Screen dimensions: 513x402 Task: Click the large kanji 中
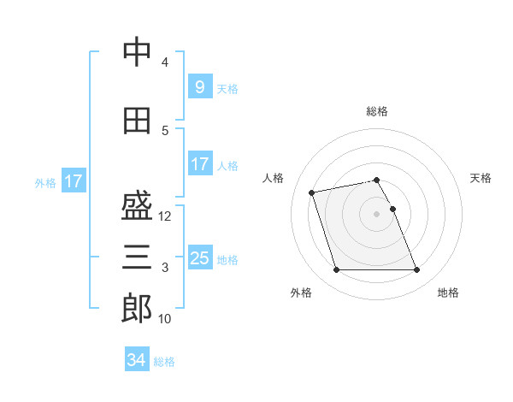(x=137, y=51)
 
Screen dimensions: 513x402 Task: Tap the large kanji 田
(x=137, y=121)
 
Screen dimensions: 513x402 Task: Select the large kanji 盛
(x=137, y=205)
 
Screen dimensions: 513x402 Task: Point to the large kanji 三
(x=137, y=257)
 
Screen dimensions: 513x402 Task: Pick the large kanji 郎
(x=137, y=308)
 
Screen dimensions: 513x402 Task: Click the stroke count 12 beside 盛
(x=164, y=216)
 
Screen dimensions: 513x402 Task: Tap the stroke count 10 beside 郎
(x=164, y=319)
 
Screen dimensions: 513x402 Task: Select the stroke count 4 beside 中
(x=165, y=62)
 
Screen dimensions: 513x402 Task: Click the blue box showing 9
(x=200, y=86)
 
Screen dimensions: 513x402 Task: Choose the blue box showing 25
(x=200, y=257)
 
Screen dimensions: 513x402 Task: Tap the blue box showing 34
(x=137, y=358)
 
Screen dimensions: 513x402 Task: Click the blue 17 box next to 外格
(x=74, y=180)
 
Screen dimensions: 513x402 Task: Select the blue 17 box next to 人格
(x=200, y=163)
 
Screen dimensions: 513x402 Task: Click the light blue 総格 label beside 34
(x=164, y=362)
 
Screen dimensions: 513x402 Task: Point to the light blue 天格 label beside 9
(x=227, y=89)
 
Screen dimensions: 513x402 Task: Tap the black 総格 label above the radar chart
(x=377, y=111)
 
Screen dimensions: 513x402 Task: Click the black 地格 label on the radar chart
(x=448, y=293)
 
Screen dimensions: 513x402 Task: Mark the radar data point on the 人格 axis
(x=311, y=192)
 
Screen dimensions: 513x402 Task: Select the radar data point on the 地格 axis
(x=417, y=269)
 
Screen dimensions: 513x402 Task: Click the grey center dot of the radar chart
(x=376, y=214)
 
